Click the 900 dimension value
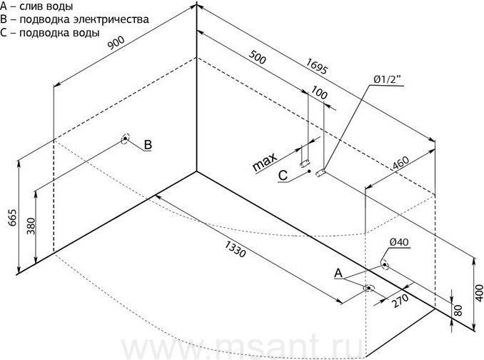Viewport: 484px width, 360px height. tap(116, 43)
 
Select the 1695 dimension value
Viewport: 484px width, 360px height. tap(316, 66)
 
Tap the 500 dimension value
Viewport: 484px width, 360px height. tap(257, 57)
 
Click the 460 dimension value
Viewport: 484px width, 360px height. tap(400, 163)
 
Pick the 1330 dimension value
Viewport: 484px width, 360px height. tap(235, 249)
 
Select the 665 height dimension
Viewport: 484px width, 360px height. tap(12, 218)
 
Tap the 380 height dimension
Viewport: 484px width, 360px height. tap(31, 226)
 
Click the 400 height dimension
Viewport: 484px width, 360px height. tap(479, 293)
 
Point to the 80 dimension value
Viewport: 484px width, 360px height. tap(458, 310)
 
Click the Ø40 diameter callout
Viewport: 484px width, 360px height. tap(399, 242)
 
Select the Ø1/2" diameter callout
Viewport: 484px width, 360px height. tap(388, 79)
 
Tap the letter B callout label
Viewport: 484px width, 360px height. tap(148, 144)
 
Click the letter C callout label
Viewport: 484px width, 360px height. tap(283, 176)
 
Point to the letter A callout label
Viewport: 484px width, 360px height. tap(338, 273)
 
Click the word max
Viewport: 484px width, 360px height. tap(265, 163)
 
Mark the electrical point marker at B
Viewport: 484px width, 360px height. tap(125, 139)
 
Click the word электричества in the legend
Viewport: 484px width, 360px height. tap(111, 19)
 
